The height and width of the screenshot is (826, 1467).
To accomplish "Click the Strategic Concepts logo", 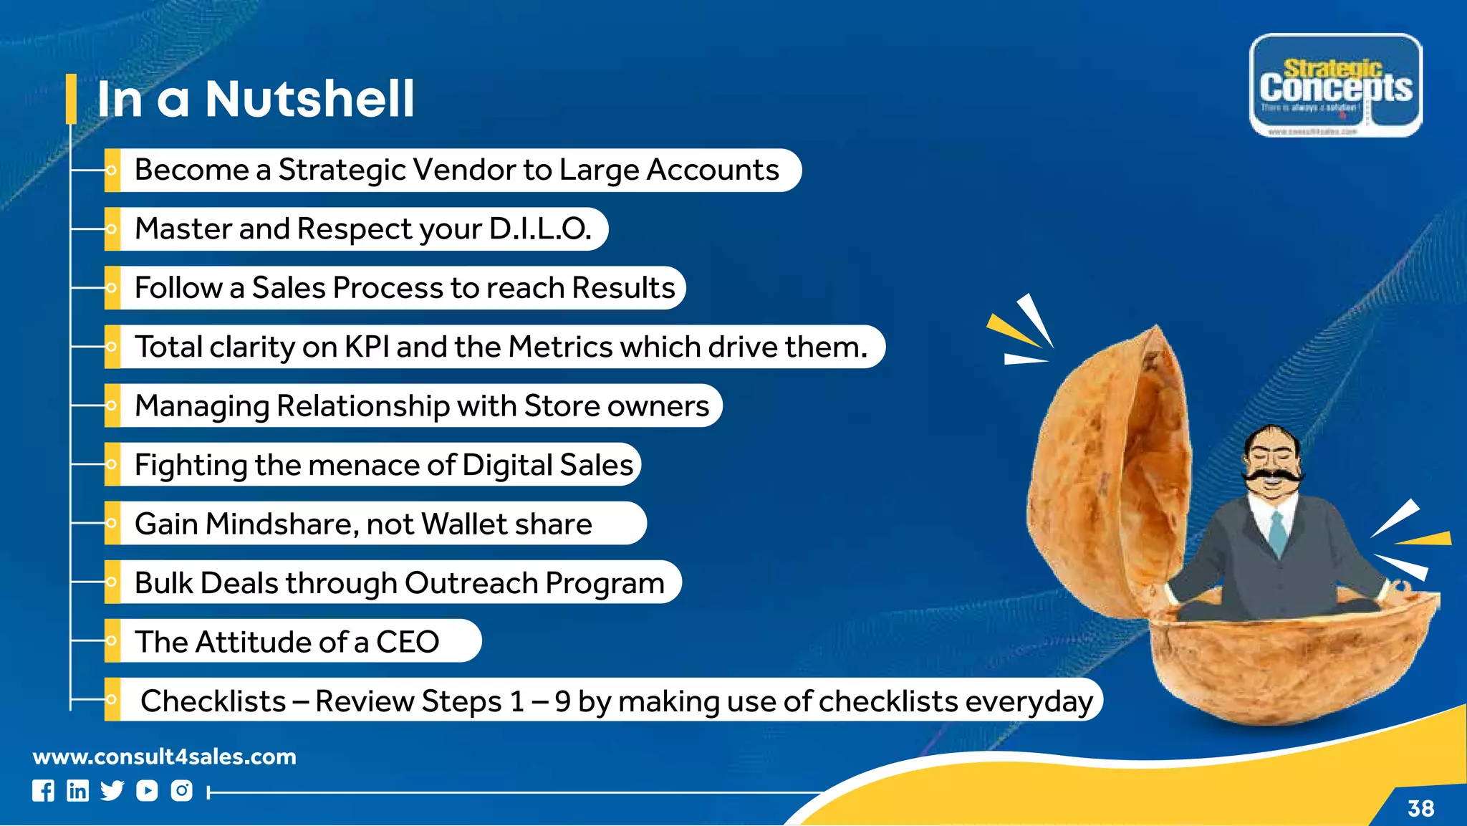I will [x=1336, y=85].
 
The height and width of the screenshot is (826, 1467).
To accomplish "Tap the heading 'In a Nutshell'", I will [x=256, y=99].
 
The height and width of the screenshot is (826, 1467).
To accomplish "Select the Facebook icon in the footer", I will [x=43, y=790].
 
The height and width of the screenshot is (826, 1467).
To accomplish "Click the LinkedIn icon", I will [x=77, y=790].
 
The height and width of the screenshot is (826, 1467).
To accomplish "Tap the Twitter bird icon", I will [x=112, y=790].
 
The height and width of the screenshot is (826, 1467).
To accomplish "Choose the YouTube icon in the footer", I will [x=147, y=790].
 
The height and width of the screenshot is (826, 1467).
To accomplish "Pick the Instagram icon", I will [x=182, y=790].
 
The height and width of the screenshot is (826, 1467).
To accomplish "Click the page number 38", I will [x=1420, y=808].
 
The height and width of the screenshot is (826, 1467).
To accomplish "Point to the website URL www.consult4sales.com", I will [x=165, y=757].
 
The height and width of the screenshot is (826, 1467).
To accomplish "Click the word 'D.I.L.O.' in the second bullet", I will [x=540, y=229].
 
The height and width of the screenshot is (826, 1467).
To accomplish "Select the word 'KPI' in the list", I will [x=367, y=347].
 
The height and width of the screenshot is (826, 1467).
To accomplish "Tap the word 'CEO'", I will [x=408, y=642].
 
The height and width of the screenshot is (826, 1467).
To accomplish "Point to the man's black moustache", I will [x=1273, y=475].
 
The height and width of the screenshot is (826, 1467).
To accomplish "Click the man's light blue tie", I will [x=1277, y=534].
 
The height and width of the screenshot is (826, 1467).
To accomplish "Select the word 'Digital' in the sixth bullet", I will [x=507, y=466].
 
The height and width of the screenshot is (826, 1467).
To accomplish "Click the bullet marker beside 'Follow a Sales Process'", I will [x=112, y=288].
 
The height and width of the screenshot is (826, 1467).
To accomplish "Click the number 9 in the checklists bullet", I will [x=562, y=701].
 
